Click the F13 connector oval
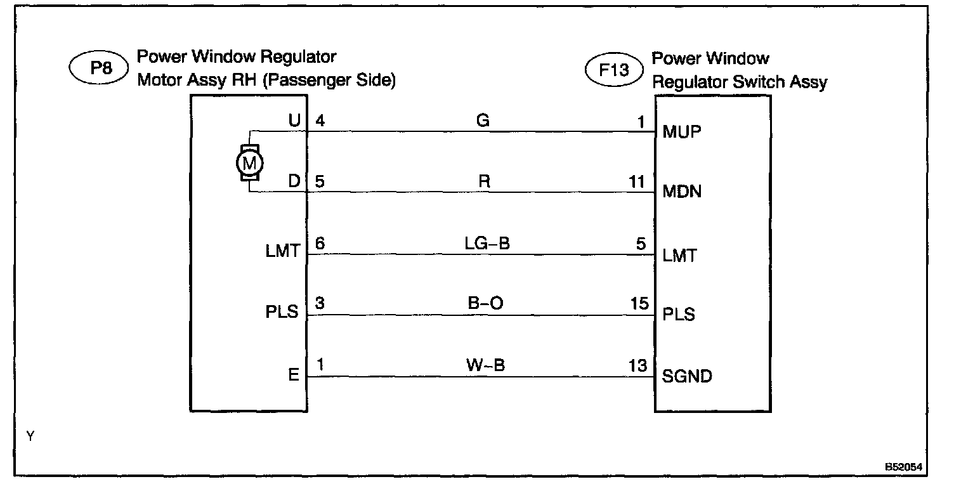pyautogui.click(x=615, y=70)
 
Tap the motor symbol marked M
pyautogui.click(x=250, y=162)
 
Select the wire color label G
pyautogui.click(x=483, y=121)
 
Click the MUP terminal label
pyautogui.click(x=682, y=133)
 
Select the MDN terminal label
pyautogui.click(x=682, y=192)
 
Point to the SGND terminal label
pyautogui.click(x=687, y=377)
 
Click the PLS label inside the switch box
pyautogui.click(x=679, y=315)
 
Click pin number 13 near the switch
pyautogui.click(x=638, y=365)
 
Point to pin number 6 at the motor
pyautogui.click(x=320, y=244)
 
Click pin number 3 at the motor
pyautogui.click(x=320, y=303)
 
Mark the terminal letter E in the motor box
pyautogui.click(x=293, y=376)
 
